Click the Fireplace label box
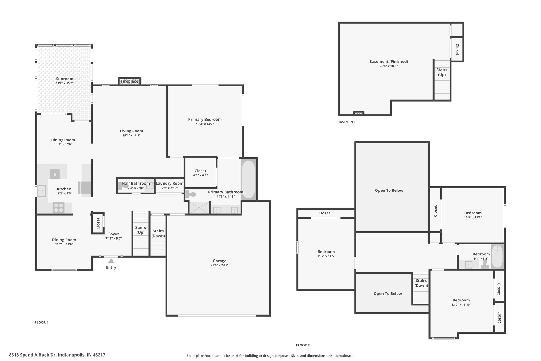(129, 81)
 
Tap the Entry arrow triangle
(111, 261)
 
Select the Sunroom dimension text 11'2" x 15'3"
(64, 83)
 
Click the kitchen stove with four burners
(58, 207)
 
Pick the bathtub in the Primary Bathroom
(248, 179)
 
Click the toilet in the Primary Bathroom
(191, 194)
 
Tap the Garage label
(220, 261)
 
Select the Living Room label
(131, 131)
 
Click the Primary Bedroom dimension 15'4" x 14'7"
(205, 124)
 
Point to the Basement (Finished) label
(389, 62)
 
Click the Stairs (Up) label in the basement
(442, 72)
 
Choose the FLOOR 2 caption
(303, 345)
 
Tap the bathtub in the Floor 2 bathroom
(497, 256)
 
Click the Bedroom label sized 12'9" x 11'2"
(473, 213)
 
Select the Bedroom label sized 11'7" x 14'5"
(326, 252)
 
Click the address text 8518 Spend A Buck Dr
(32, 355)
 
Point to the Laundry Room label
(169, 183)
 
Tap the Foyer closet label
(98, 223)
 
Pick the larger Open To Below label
(389, 190)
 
